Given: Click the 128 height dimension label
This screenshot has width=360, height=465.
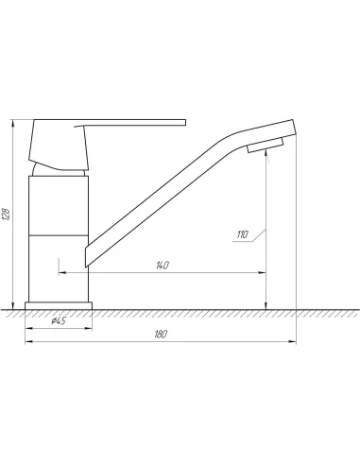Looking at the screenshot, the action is (7, 215).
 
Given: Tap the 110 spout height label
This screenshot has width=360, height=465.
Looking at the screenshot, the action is (243, 234).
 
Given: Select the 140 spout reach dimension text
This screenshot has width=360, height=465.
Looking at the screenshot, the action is (163, 266).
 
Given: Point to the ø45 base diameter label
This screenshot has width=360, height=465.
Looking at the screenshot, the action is (59, 321).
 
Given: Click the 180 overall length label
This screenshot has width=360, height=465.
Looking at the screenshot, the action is (161, 335).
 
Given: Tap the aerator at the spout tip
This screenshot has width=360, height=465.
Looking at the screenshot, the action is (266, 146).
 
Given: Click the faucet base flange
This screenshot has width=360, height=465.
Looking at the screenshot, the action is (59, 306).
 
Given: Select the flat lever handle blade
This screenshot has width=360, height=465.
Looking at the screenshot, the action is (130, 123).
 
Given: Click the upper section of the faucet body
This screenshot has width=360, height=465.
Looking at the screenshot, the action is (59, 205).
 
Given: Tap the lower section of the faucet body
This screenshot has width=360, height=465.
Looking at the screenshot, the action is (59, 268).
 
